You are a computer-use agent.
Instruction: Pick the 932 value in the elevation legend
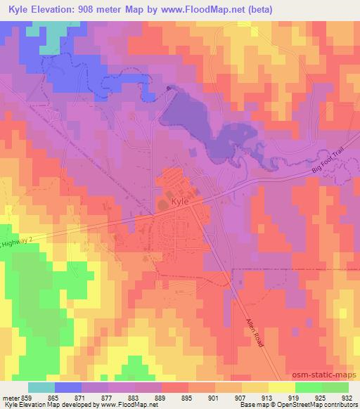click(x=347, y=397)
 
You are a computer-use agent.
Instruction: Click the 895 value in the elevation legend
click(x=189, y=397)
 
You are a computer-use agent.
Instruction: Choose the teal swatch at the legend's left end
click(x=41, y=387)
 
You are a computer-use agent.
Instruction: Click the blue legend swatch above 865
click(x=68, y=387)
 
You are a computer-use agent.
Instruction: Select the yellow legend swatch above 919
click(x=282, y=387)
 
